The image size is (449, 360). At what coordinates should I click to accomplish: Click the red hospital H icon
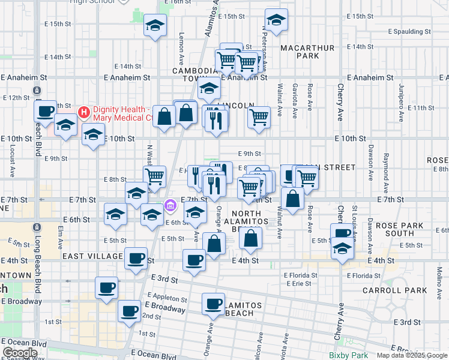[83, 112]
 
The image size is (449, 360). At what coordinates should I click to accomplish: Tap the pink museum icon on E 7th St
[170, 206]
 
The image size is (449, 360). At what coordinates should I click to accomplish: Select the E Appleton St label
[167, 298]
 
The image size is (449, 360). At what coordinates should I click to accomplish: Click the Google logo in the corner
[19, 353]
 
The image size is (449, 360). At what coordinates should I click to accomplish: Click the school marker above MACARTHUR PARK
[276, 20]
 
